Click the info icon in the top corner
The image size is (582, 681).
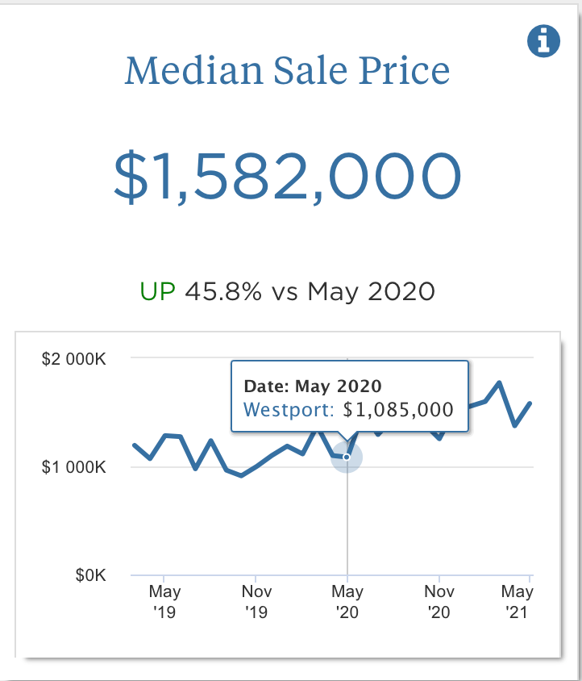pyautogui.click(x=543, y=40)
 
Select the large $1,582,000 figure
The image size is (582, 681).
pyautogui.click(x=288, y=176)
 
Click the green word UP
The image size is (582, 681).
pyautogui.click(x=157, y=291)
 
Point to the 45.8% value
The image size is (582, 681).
pyautogui.click(x=223, y=291)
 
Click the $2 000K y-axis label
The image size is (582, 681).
pyautogui.click(x=73, y=358)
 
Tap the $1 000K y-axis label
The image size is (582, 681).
pyautogui.click(x=73, y=467)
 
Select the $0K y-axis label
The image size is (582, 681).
pyautogui.click(x=90, y=575)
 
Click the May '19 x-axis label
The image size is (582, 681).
pyautogui.click(x=164, y=602)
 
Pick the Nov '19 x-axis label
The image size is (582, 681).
pyautogui.click(x=256, y=602)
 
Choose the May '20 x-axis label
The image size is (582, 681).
pyautogui.click(x=347, y=602)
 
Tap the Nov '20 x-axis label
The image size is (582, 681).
pyautogui.click(x=439, y=602)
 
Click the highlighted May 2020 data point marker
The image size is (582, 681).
pyautogui.click(x=347, y=457)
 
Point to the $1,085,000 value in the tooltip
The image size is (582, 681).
pyautogui.click(x=398, y=409)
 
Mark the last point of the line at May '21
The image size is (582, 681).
pyautogui.click(x=530, y=403)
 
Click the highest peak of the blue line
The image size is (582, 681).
pyautogui.click(x=500, y=382)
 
